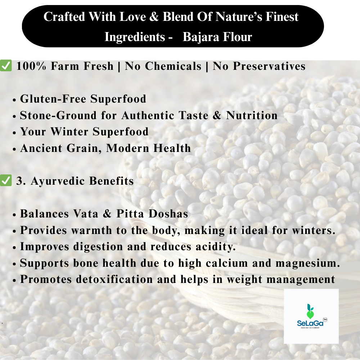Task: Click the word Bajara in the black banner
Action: [x=201, y=37]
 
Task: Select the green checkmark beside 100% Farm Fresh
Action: [x=6, y=66]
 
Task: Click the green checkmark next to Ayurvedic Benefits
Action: [x=6, y=180]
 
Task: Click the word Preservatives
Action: [x=269, y=66]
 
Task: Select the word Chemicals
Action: [x=173, y=66]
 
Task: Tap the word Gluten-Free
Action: [x=53, y=99]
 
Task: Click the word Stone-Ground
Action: [x=58, y=115]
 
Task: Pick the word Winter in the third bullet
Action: [x=69, y=132]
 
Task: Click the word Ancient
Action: [x=41, y=148]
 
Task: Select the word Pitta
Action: [x=130, y=213]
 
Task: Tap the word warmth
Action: [x=91, y=230]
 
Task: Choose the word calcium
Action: [x=226, y=263]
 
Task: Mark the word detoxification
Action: [x=114, y=279]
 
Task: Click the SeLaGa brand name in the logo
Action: [x=310, y=323]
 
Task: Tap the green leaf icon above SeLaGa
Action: [x=310, y=311]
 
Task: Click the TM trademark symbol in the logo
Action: [x=325, y=319]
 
